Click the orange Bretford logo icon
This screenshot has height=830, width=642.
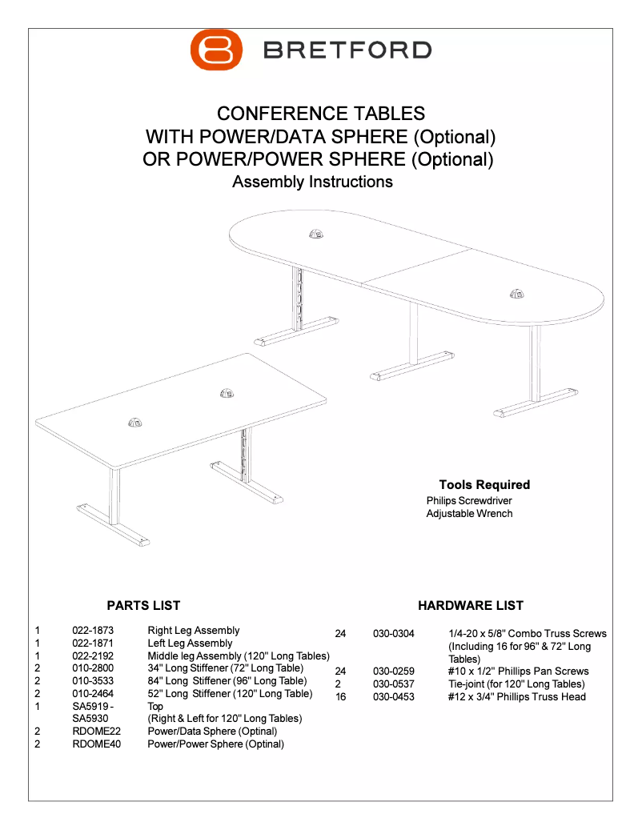pyautogui.click(x=216, y=50)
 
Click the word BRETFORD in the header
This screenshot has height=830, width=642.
pyautogui.click(x=347, y=50)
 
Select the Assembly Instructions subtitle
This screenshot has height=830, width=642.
pyautogui.click(x=312, y=182)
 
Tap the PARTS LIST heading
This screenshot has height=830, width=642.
pyautogui.click(x=143, y=606)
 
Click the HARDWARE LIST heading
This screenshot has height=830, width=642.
pyautogui.click(x=471, y=606)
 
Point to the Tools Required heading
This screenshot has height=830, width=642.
pyautogui.click(x=484, y=485)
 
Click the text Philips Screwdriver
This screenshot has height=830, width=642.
pyautogui.click(x=469, y=501)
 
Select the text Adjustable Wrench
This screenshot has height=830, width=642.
pyautogui.click(x=469, y=514)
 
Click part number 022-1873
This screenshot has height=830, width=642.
pyautogui.click(x=93, y=631)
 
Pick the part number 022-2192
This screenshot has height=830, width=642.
pyautogui.click(x=93, y=656)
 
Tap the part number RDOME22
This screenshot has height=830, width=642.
pyautogui.click(x=96, y=732)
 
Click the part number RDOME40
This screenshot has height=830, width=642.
pyautogui.click(x=96, y=744)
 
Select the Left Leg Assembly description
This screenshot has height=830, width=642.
pyautogui.click(x=190, y=644)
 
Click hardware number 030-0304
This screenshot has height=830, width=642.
pyautogui.click(x=394, y=634)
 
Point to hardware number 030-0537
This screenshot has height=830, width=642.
pyautogui.click(x=394, y=684)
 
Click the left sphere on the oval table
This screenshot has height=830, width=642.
pyautogui.click(x=315, y=234)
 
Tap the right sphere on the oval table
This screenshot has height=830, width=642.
pyautogui.click(x=517, y=293)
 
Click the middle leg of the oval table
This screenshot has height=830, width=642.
pyautogui.click(x=414, y=336)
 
